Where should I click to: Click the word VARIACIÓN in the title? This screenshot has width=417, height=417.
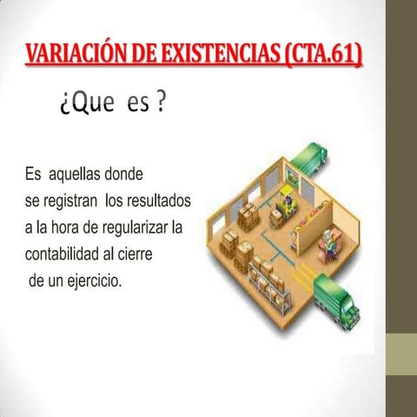pos(70,55)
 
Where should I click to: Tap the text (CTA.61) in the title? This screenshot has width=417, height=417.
pos(323,55)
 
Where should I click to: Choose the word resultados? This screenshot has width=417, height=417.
pos(159,201)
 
